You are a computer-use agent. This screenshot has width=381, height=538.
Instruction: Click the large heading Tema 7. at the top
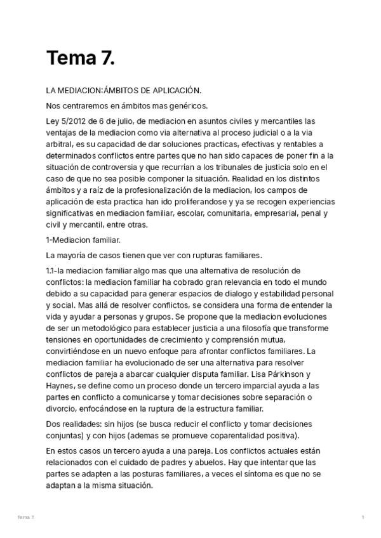pyautogui.click(x=80, y=58)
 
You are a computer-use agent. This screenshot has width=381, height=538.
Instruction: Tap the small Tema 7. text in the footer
pyautogui.click(x=26, y=518)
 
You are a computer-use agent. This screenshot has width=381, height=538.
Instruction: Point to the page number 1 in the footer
pyautogui.click(x=363, y=518)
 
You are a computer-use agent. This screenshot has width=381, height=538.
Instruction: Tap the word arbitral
pyautogui.click(x=60, y=144)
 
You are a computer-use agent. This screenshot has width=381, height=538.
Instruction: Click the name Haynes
pyautogui.click(x=61, y=385)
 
